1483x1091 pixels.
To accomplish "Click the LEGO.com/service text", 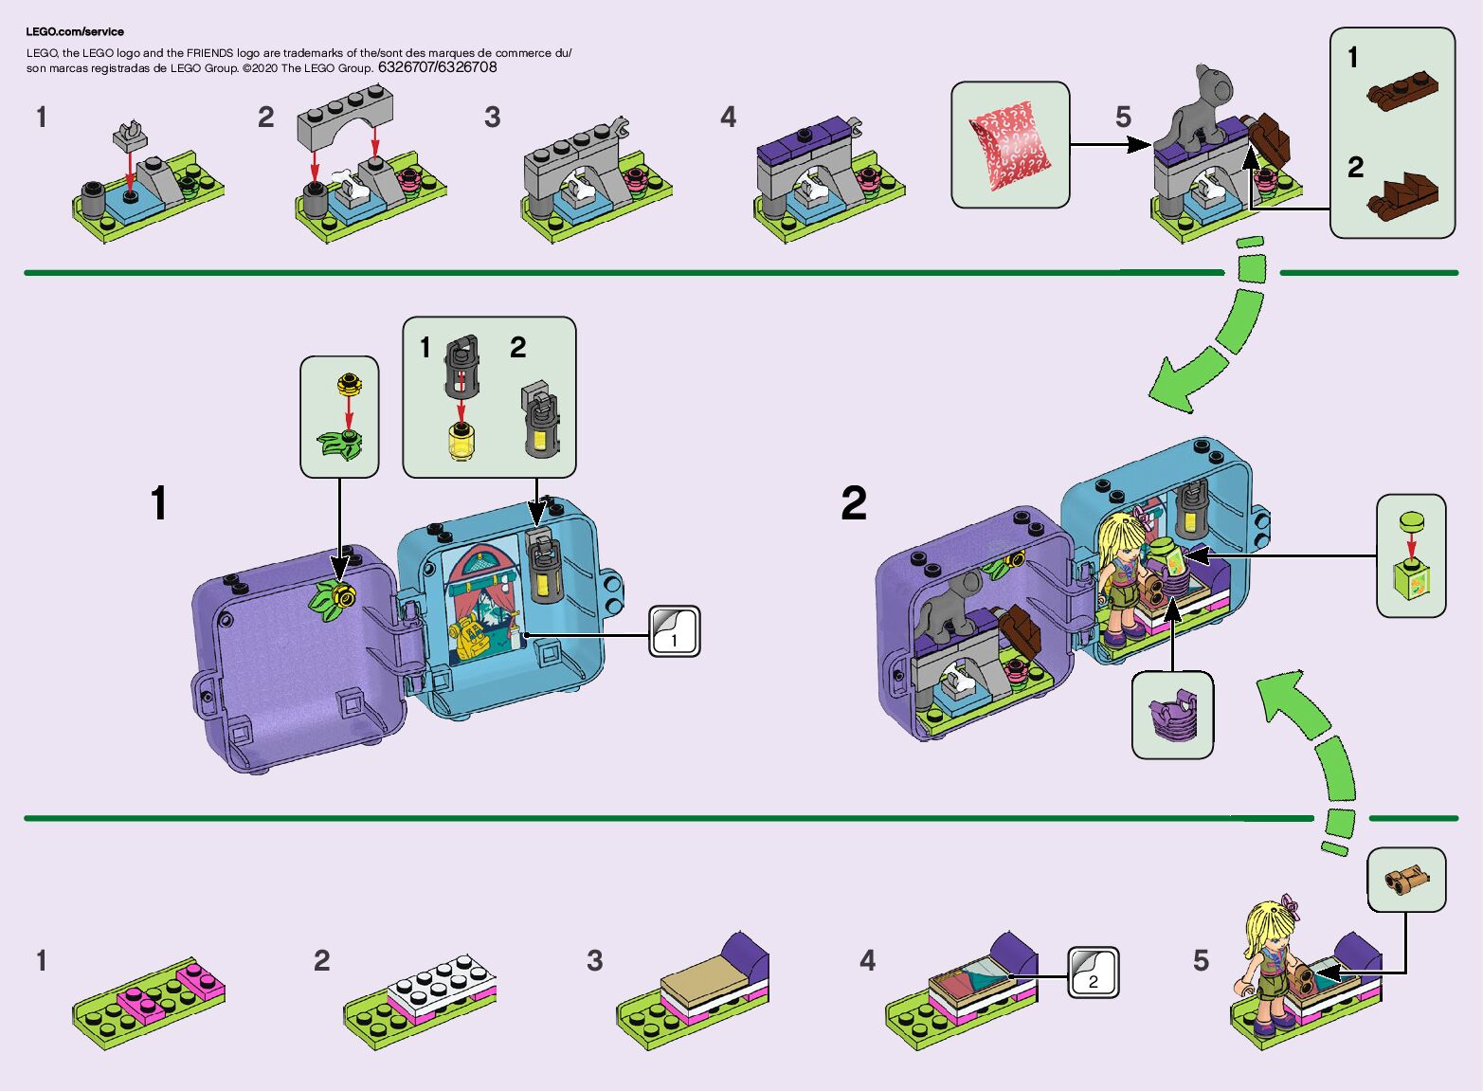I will point(75,31).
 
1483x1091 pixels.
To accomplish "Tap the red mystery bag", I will point(1010,143).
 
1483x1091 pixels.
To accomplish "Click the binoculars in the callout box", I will point(1405,880).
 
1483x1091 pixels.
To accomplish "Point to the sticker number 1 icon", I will point(674,632).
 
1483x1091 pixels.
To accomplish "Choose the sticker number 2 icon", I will point(1093,973).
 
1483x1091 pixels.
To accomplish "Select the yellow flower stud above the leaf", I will point(349,385).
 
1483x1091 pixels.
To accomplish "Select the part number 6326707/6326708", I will point(437,67).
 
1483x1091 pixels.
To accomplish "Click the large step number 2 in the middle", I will point(853,503).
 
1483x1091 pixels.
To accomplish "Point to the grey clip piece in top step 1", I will point(130,135).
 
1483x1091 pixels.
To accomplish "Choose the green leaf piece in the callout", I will point(341,444).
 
